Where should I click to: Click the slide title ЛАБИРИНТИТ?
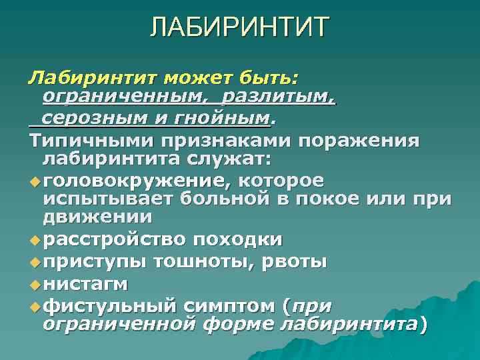coord(239,27)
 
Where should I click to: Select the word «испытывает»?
coord(109,199)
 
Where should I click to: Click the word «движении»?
coord(97,217)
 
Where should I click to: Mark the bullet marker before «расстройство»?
coord(35,239)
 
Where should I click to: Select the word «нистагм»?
coord(85,284)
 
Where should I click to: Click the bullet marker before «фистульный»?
coord(35,306)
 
